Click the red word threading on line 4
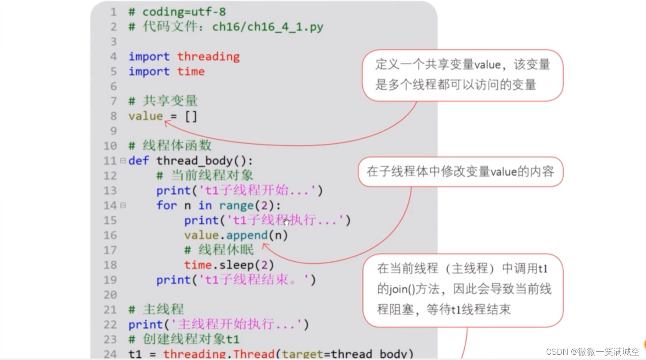[208, 57]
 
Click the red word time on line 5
[191, 72]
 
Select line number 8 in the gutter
[114, 116]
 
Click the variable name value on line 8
[146, 116]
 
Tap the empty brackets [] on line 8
[191, 116]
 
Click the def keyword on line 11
[138, 161]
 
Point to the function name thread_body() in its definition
[204, 161]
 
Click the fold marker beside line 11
[123, 161]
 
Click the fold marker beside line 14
[123, 205]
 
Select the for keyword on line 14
[166, 206]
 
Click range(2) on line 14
[249, 206]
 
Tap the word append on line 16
[247, 235]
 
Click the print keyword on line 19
[173, 280]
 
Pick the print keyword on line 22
[145, 325]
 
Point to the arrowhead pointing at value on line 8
[167, 123]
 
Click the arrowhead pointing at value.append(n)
[265, 245]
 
